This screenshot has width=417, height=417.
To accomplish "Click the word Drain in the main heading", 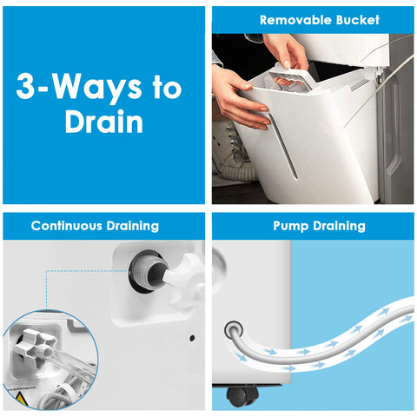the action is pyautogui.click(x=104, y=122).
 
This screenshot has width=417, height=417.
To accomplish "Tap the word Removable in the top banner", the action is pyautogui.click(x=295, y=20).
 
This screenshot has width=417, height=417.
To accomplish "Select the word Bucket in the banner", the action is pyautogui.click(x=358, y=20).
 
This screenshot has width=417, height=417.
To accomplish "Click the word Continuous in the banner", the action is pyautogui.click(x=66, y=226).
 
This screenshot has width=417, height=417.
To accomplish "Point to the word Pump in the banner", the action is pyautogui.click(x=290, y=227).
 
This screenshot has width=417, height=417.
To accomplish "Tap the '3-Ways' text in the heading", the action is pyautogui.click(x=79, y=87).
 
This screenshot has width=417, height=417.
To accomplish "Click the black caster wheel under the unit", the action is pyautogui.click(x=242, y=395).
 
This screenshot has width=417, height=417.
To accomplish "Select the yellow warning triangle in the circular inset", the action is pyautogui.click(x=21, y=400).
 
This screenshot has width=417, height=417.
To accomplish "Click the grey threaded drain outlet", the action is pyautogui.click(x=149, y=271).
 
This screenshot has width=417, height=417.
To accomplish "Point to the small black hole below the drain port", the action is pyautogui.click(x=192, y=338).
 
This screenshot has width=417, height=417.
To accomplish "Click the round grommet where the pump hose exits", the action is pyautogui.click(x=233, y=329).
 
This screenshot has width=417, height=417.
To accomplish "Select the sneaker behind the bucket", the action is pyautogui.click(x=232, y=152).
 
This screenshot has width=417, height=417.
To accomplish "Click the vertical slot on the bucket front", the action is pyautogui.click(x=282, y=146).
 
